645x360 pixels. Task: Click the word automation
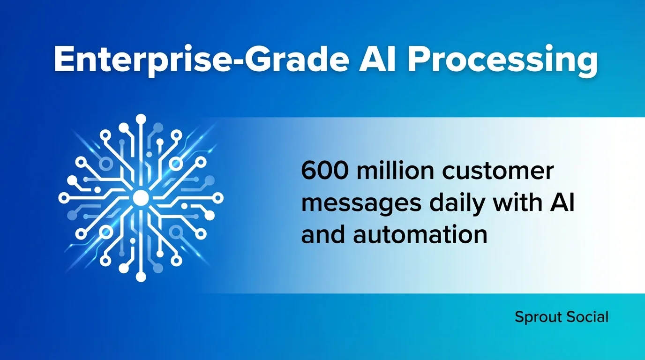(x=420, y=234)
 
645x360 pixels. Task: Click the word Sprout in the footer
(x=537, y=317)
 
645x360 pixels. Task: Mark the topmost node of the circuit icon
(x=140, y=119)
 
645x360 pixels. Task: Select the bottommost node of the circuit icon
(x=141, y=277)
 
